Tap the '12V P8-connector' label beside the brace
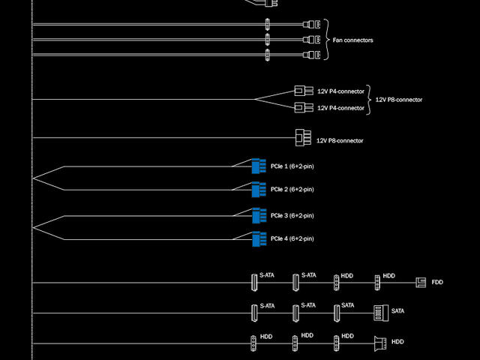[x=398, y=100]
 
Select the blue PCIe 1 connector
[x=259, y=165]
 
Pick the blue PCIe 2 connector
[x=259, y=189]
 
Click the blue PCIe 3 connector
[x=259, y=216]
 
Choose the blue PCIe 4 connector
[x=259, y=239]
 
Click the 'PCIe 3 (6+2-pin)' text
[x=292, y=216]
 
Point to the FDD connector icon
[x=421, y=283]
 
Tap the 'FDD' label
[x=437, y=283]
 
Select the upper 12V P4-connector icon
[x=304, y=91]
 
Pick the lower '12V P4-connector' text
[x=340, y=108]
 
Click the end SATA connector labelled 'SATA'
[x=379, y=312]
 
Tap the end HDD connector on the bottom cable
[x=379, y=343]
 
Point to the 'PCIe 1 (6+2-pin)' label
[x=292, y=165]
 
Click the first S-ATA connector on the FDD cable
[x=253, y=283]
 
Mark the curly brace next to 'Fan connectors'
[x=326, y=40]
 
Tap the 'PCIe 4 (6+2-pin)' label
[x=292, y=239]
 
